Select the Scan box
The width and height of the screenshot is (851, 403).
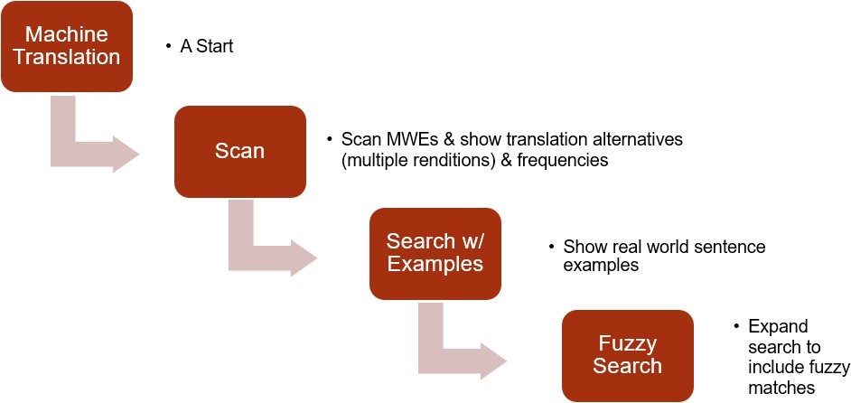pos(239,151)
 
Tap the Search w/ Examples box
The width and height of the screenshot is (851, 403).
pos(435,252)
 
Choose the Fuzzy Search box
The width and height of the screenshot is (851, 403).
pos(627,355)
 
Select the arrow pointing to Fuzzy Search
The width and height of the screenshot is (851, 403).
pos(460,348)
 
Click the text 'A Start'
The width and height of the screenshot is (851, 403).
pos(207,46)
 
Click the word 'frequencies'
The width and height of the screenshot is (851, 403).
pos(565,161)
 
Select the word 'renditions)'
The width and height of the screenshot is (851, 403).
pos(451,161)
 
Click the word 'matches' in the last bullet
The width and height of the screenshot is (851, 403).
pos(782,387)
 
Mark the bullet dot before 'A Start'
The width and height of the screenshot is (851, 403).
pos(168,46)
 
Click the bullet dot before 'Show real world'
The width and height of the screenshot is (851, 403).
pos(550,247)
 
